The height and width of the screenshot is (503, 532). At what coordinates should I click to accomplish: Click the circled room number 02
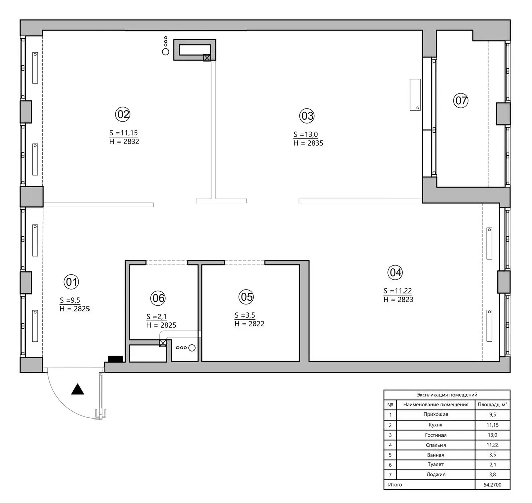(123, 114)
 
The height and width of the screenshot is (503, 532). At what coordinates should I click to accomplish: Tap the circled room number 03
(307, 116)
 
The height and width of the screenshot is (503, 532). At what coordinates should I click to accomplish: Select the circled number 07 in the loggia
(461, 101)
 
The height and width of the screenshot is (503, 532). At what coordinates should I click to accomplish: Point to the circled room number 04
(395, 273)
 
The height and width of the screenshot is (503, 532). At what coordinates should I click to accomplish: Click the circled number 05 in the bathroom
(246, 297)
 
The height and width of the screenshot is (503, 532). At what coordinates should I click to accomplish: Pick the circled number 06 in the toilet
(158, 298)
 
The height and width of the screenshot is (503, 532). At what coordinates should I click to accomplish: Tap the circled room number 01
(72, 281)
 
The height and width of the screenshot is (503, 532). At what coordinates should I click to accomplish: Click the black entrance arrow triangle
(77, 389)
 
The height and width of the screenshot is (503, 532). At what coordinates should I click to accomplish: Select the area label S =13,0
(306, 135)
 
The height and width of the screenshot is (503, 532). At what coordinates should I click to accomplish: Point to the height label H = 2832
(124, 142)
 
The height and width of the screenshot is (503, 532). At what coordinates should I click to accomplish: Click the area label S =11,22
(398, 291)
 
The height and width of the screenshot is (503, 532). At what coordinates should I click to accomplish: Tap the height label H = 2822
(249, 324)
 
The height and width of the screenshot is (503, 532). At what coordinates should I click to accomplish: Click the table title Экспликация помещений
(447, 395)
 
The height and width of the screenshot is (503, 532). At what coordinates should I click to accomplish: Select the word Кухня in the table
(435, 425)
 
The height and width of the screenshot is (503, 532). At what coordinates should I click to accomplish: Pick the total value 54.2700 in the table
(492, 484)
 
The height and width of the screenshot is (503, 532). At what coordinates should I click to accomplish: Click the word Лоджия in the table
(435, 474)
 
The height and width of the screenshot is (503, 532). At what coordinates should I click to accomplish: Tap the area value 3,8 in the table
(492, 474)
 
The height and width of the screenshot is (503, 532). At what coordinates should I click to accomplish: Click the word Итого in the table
(395, 484)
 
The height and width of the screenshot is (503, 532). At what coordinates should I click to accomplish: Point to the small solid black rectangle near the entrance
(115, 359)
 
